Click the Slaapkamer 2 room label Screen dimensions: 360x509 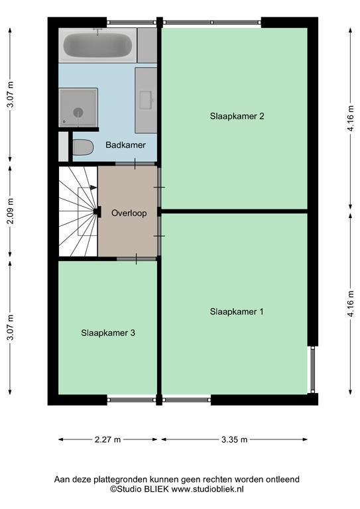coord(237,116)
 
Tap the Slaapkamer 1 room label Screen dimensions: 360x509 coord(237,311)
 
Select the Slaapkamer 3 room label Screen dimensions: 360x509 coord(108,333)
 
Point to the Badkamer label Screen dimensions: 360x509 coord(125,144)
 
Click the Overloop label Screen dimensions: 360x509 coord(129,213)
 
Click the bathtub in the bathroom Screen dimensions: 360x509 coord(97,45)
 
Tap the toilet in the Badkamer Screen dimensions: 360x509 coord(83,147)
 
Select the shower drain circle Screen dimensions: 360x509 coord(78,112)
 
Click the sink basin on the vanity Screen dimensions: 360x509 coord(146,100)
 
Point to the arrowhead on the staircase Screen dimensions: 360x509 coord(94,188)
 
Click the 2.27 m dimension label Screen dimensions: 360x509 coord(108,439)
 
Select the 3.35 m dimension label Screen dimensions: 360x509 coord(235,439)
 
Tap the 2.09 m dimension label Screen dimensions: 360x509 coord(11,211)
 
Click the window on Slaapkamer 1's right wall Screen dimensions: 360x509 coord(313,369)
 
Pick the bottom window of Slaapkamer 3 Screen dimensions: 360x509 coord(131,400)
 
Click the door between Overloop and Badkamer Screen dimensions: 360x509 coord(136,164)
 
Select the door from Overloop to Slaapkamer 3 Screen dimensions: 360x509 coord(137,258)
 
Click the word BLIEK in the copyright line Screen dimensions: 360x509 coord(156,489)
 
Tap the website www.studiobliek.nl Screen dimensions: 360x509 coord(208,489)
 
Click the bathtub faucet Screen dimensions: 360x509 coord(97,31)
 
